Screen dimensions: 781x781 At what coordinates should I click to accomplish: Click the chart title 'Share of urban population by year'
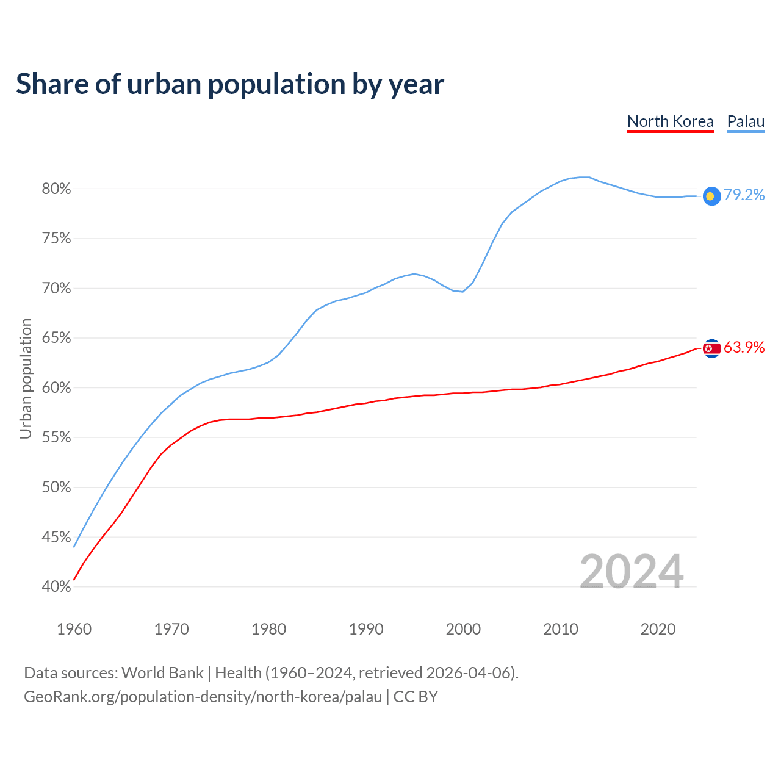[230, 84]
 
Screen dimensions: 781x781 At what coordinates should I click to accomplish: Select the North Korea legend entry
[670, 121]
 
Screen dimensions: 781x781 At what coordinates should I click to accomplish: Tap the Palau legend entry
[746, 121]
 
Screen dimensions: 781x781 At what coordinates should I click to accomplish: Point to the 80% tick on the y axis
[56, 189]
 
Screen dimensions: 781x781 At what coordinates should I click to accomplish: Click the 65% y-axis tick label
[56, 338]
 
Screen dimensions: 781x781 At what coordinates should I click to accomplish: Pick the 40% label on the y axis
[56, 587]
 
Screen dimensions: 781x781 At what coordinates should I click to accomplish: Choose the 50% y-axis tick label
[56, 488]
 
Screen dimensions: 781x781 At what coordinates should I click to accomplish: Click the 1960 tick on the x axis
[74, 629]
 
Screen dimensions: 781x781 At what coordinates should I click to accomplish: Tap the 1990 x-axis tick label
[366, 629]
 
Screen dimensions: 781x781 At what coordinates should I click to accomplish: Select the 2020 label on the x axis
[658, 629]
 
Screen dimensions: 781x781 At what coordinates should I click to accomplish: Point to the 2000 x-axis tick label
[463, 629]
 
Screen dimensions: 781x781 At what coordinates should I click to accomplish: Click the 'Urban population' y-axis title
[26, 378]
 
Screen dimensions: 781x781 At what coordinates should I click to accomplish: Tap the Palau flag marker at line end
[711, 196]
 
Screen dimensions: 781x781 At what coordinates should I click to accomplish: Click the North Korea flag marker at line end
[711, 348]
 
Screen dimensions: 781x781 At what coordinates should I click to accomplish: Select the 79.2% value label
[744, 195]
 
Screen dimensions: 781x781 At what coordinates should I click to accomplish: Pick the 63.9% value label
[744, 347]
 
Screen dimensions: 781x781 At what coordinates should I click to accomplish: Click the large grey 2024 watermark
[632, 572]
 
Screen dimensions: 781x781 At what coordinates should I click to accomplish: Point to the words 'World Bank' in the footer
[162, 673]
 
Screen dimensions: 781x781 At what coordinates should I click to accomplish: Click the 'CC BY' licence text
[416, 697]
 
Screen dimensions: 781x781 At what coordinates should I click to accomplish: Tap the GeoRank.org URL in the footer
[203, 697]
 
